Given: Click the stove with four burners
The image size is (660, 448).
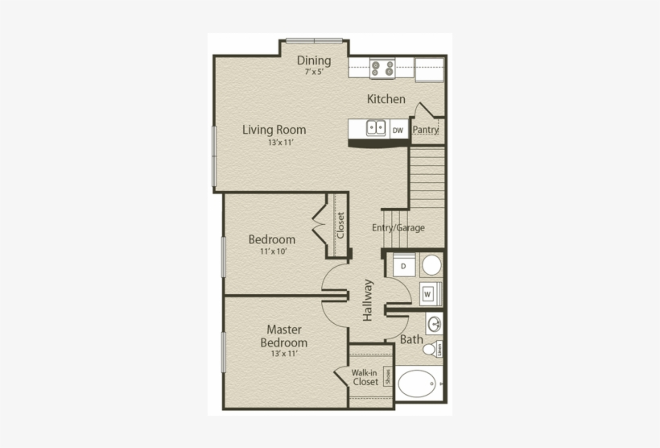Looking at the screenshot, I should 382,69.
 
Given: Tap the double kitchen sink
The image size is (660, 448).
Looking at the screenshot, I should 375,127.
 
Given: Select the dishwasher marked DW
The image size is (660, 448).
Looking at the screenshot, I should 398,128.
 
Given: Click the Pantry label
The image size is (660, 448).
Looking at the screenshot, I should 426,129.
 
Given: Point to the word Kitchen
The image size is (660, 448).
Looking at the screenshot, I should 386,99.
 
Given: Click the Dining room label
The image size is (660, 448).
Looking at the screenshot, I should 314,60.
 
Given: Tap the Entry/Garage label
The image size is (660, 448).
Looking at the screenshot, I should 398,227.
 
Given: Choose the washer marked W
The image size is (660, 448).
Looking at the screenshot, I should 428,294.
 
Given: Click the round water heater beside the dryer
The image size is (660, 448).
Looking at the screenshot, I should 432,265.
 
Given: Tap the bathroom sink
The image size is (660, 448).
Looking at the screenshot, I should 435,324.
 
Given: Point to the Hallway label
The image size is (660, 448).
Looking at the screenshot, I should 368,300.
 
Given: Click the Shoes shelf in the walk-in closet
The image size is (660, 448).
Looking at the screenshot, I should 387,375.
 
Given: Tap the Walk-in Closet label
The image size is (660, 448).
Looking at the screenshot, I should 365,377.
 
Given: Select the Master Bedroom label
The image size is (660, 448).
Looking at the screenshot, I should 283,336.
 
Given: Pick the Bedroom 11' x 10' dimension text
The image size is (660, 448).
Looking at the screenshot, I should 272,251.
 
